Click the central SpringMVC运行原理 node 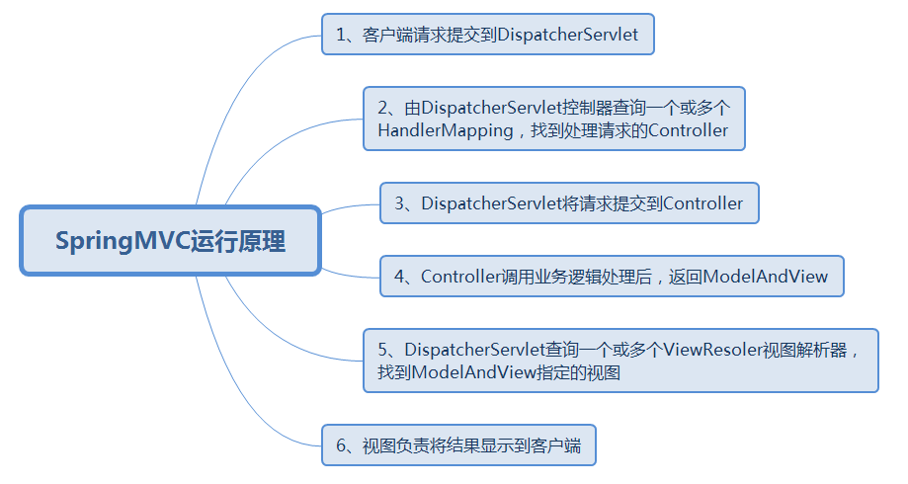tap(170, 241)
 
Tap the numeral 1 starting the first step tap(340, 35)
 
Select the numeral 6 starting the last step tap(340, 446)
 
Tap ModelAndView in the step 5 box tap(473, 373)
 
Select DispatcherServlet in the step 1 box tap(567, 35)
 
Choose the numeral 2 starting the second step tap(382, 107)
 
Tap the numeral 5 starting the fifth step tap(382, 350)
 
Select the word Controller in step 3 tap(702, 203)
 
